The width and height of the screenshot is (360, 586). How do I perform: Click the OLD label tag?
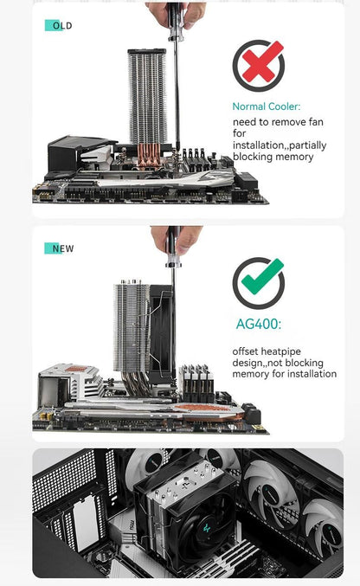[x=59, y=26]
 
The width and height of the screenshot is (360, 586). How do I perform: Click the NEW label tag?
[x=60, y=248]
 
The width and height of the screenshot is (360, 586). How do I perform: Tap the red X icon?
[x=258, y=66]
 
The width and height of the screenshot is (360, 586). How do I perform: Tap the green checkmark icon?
[x=258, y=283]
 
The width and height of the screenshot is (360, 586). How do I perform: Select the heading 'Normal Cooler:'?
[x=267, y=106]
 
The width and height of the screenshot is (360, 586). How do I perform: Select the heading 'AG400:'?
[x=259, y=326]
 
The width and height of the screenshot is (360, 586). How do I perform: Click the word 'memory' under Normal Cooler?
[x=296, y=157]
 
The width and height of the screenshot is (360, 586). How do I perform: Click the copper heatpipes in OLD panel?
[x=148, y=157]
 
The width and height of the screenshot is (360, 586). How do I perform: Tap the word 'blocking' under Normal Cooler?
[x=254, y=157]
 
